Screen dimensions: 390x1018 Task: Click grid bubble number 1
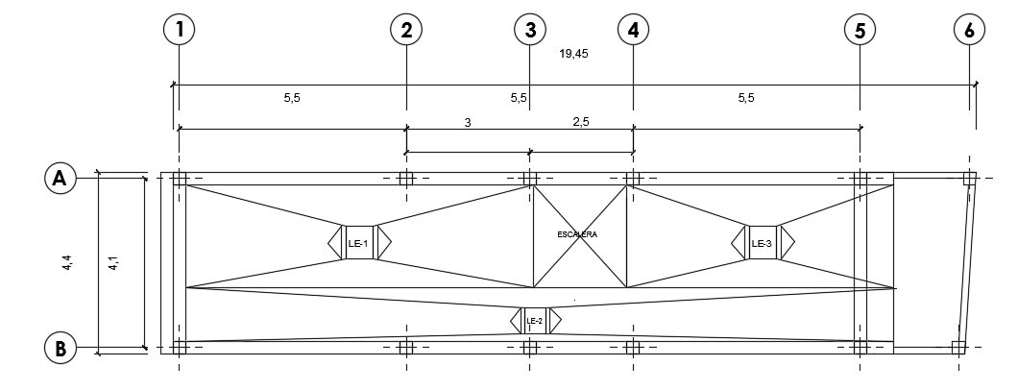click(x=179, y=30)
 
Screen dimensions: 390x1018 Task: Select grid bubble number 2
click(x=406, y=30)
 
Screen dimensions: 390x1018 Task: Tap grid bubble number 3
click(x=529, y=30)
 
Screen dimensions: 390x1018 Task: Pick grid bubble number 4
click(x=633, y=30)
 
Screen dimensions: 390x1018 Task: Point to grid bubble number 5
click(x=860, y=30)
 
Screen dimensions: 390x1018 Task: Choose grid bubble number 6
click(x=969, y=30)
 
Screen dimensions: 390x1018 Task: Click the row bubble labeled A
click(x=60, y=178)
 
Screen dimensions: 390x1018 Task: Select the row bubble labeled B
click(x=60, y=348)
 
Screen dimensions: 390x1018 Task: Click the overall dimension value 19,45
click(x=573, y=54)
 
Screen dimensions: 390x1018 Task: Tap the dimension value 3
click(x=468, y=122)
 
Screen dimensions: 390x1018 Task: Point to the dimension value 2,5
click(x=581, y=122)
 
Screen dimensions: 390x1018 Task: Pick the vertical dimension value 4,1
click(x=113, y=261)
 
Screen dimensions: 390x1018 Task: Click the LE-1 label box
click(x=359, y=243)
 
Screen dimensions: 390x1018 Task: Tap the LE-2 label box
click(x=535, y=321)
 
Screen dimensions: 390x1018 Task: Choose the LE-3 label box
click(x=763, y=243)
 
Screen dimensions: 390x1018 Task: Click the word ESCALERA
click(x=577, y=234)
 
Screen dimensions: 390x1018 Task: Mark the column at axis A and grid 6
click(x=969, y=178)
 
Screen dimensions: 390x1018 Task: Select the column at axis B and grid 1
click(x=179, y=347)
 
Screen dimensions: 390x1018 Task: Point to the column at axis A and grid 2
click(x=406, y=178)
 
